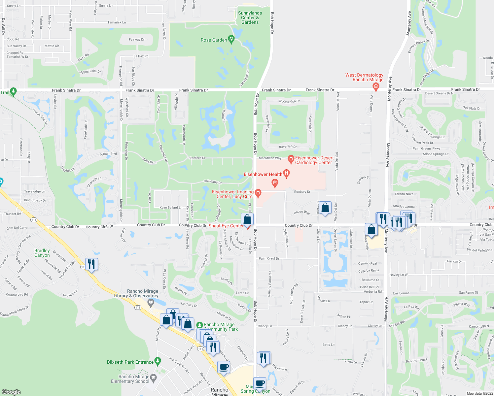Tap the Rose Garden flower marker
coord(231,40)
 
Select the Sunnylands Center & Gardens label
coord(250,18)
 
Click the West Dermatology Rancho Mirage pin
coord(375,86)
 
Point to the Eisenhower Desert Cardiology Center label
coord(314,160)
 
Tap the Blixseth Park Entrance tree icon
coord(158,361)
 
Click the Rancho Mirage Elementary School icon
coord(153,377)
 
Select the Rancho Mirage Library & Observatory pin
coord(151,302)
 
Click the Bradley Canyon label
coord(42,253)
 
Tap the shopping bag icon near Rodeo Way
coord(325,208)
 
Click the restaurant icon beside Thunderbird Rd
coord(91,264)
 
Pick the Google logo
coord(11,392)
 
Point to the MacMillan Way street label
coord(270,158)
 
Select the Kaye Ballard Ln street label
coord(171,208)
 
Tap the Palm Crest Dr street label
coord(269,258)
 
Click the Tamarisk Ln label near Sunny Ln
coord(117,22)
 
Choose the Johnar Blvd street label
coord(108,154)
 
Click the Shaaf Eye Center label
coord(226,226)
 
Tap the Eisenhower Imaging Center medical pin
coord(258,193)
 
